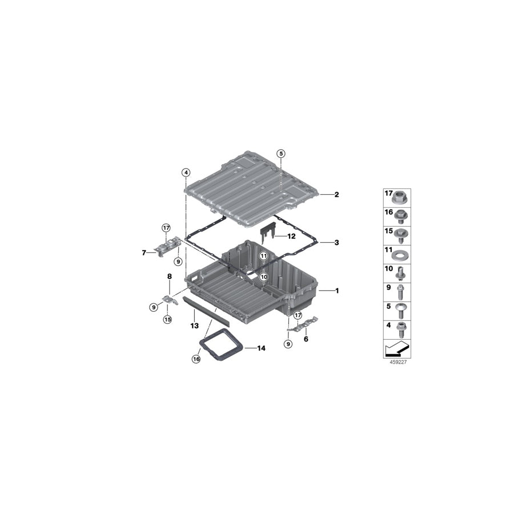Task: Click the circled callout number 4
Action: point(186,172)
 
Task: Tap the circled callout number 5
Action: point(281,153)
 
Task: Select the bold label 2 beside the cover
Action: point(336,195)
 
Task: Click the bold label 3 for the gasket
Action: point(336,243)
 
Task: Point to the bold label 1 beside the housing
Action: point(336,291)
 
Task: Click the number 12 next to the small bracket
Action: point(291,236)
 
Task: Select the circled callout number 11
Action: point(264,256)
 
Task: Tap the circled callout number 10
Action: point(264,277)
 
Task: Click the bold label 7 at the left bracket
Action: point(144,253)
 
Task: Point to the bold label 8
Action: point(170,276)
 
